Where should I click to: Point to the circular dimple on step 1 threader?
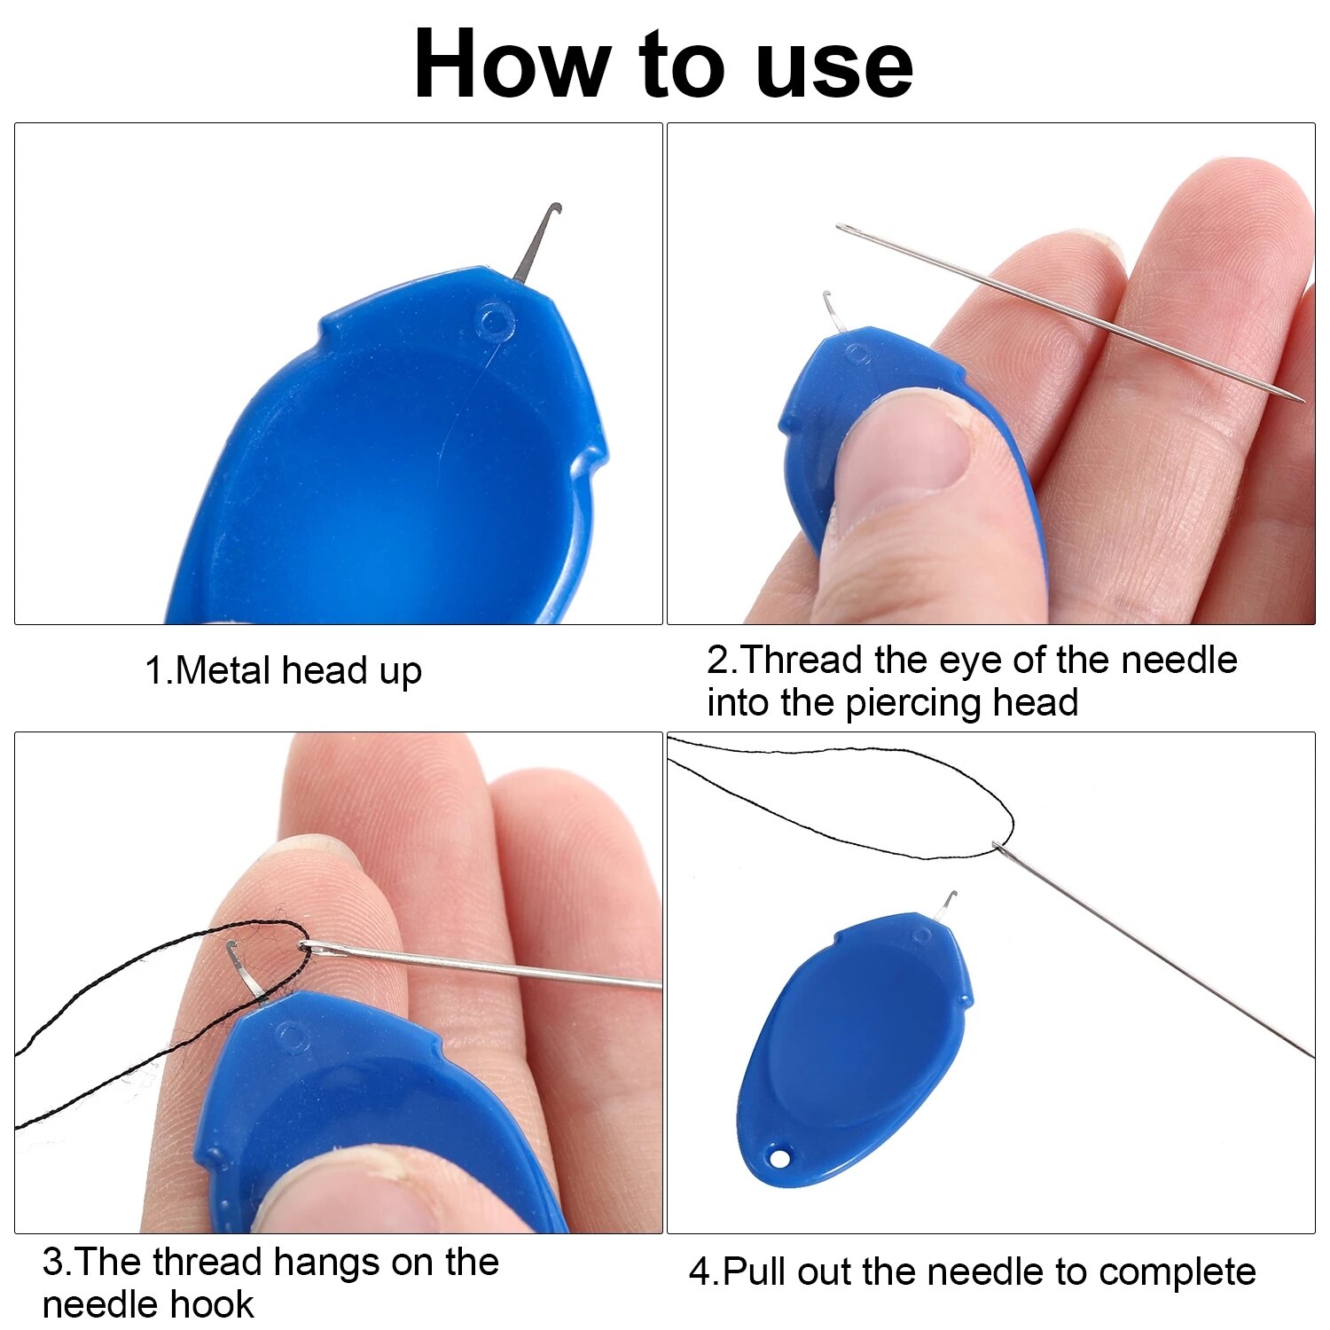[494, 320]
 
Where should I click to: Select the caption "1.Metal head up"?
[283, 671]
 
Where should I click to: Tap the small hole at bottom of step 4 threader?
[778, 1158]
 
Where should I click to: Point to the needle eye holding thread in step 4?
[999, 847]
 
